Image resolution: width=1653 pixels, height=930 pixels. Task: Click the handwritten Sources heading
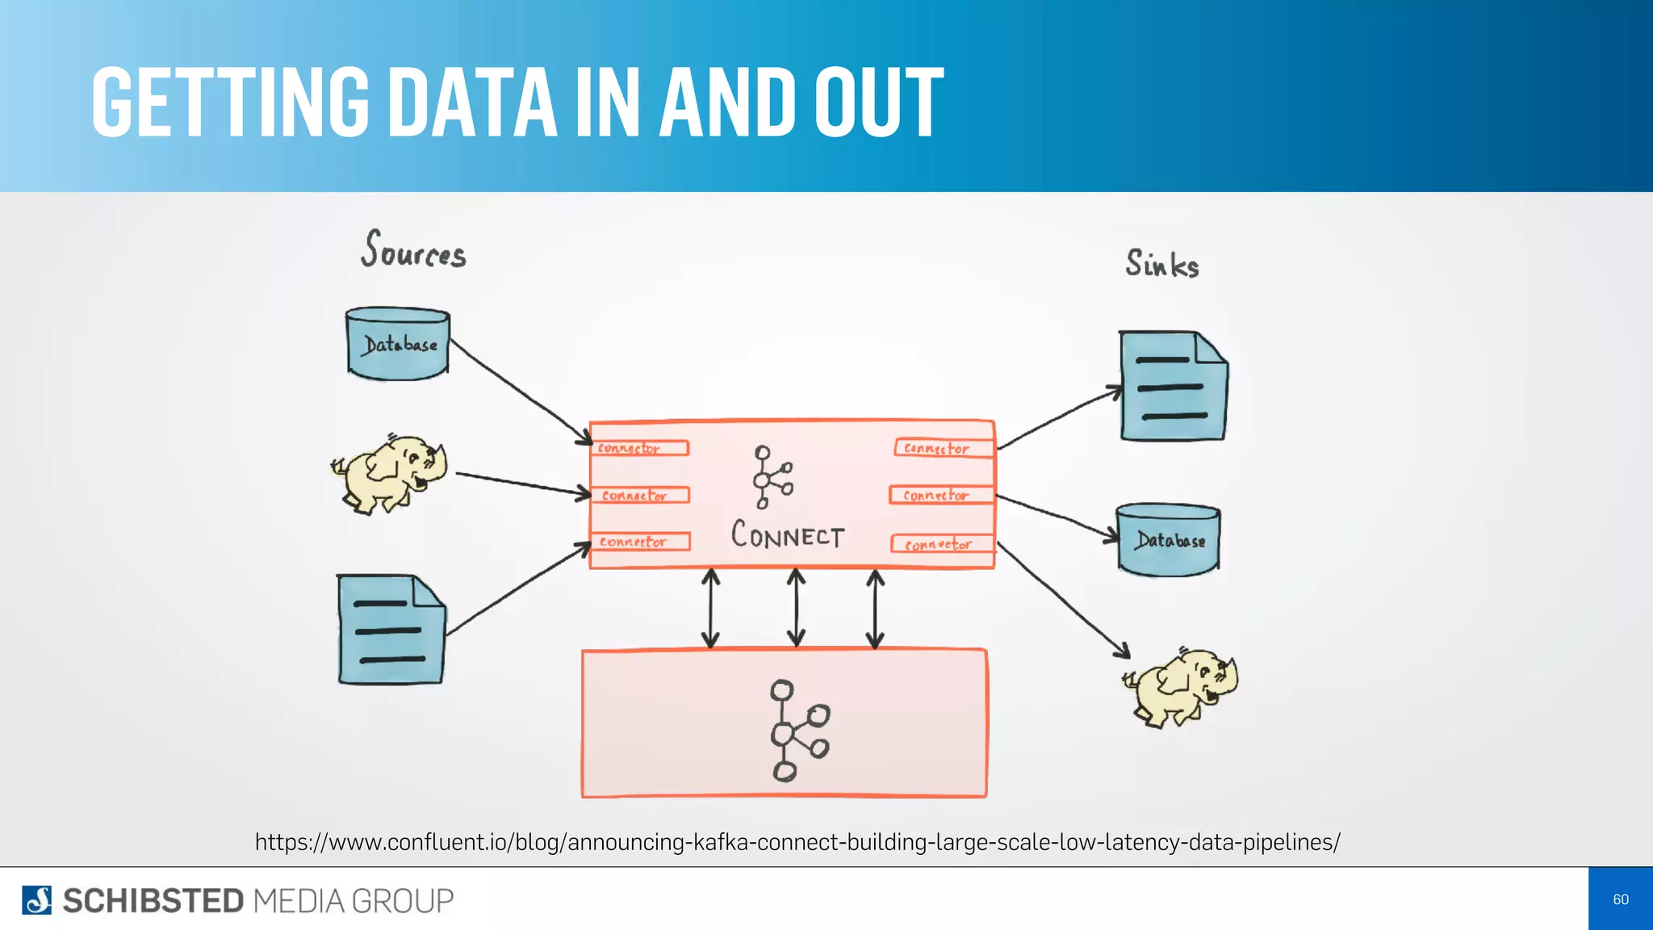pos(413,250)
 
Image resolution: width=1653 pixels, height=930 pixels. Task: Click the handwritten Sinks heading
pos(1162,264)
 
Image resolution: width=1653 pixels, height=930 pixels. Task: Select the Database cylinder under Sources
pos(398,344)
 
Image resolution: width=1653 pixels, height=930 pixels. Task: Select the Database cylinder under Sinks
pos(1169,539)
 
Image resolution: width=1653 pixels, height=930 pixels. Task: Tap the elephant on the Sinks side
pos(1182,688)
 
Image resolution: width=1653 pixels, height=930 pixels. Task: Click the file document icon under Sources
pos(391,630)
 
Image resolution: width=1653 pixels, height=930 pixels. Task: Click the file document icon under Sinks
pos(1174,386)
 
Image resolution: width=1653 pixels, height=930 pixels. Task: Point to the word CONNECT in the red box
pos(788,535)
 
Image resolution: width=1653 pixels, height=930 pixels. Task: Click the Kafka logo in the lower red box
pos(797,731)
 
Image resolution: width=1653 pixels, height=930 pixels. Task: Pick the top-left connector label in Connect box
pos(640,448)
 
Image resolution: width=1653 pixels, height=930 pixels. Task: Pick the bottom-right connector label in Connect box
pos(941,544)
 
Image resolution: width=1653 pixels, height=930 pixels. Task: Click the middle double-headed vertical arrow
pos(796,608)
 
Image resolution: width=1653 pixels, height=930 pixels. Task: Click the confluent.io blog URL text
pos(797,842)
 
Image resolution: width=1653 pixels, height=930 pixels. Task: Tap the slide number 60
pos(1620,899)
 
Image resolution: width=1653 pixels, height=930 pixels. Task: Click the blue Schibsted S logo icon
pos(36,900)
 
